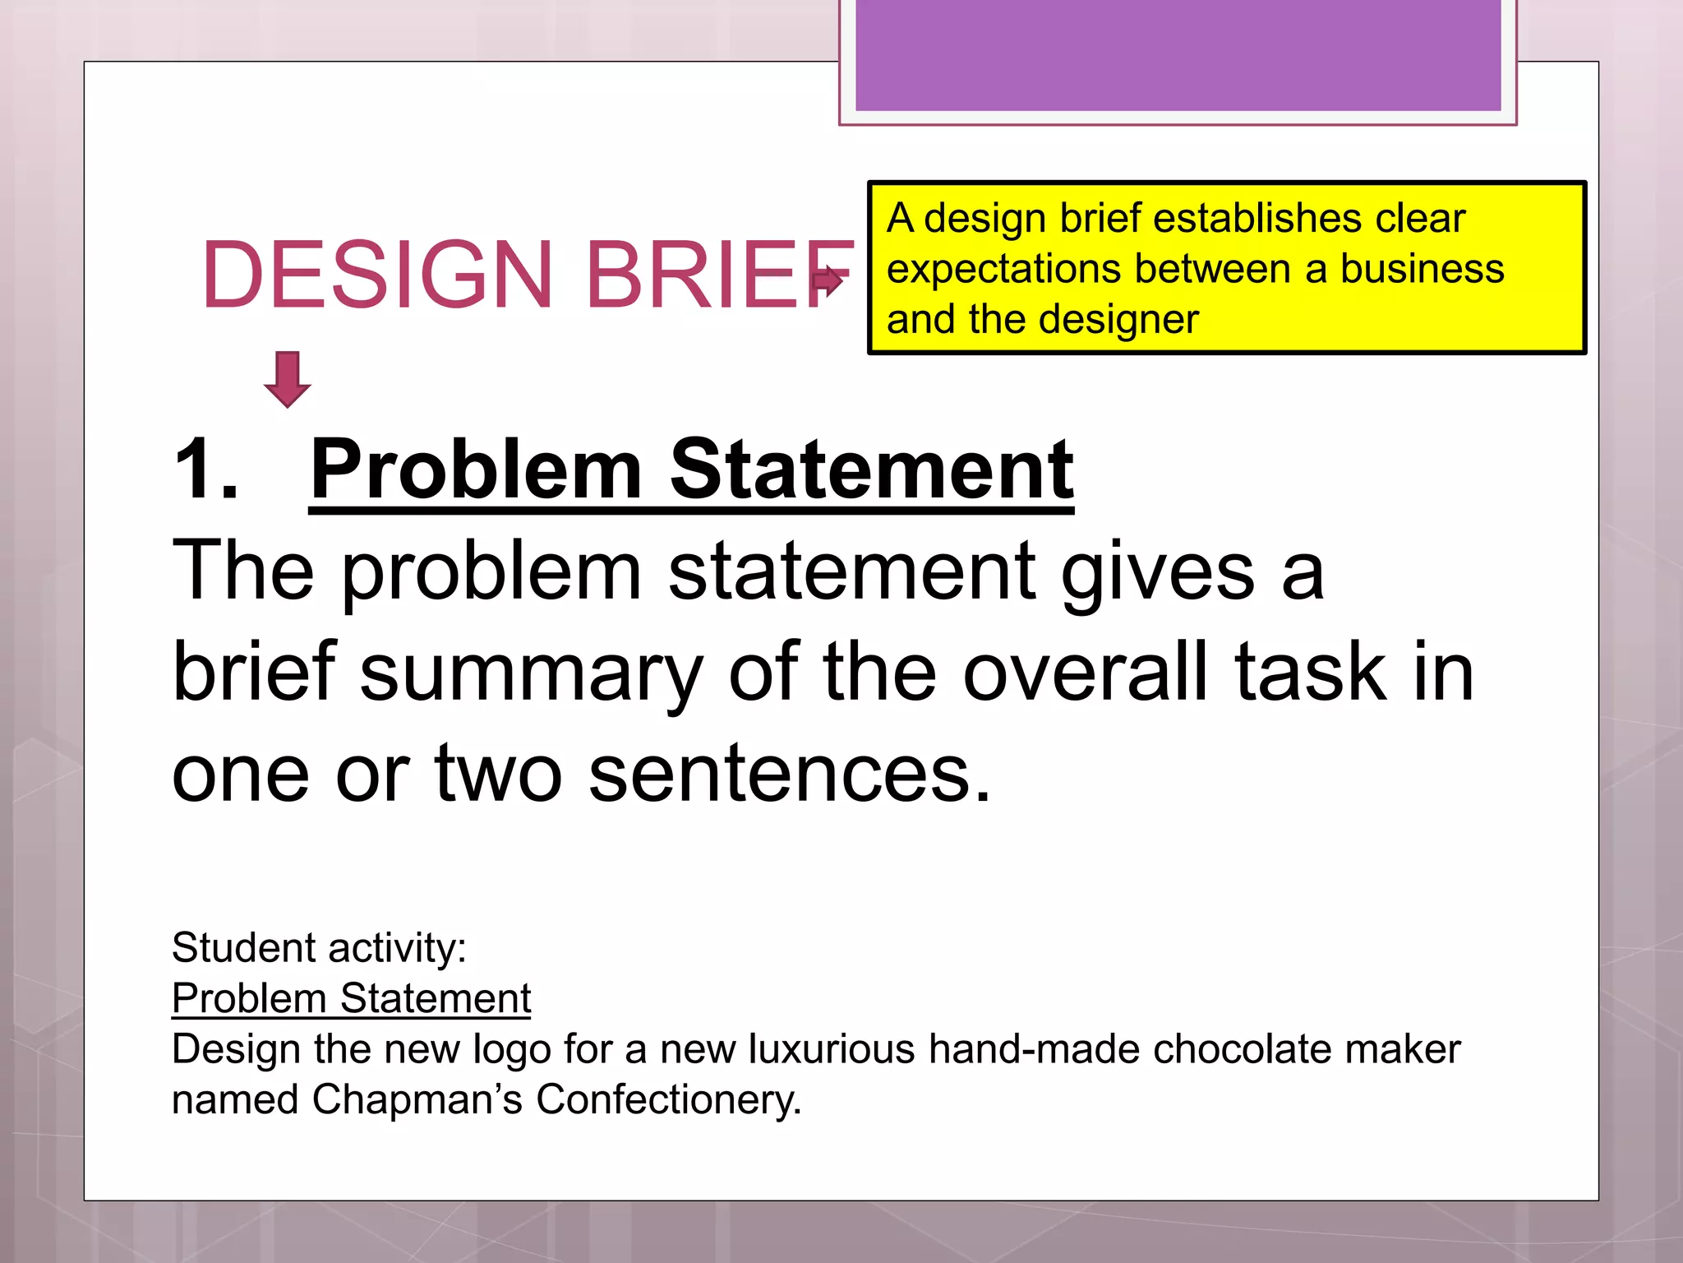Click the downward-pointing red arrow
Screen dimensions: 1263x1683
[287, 379]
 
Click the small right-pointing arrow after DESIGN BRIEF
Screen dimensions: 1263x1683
[828, 280]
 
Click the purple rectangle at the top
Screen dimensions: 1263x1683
[1178, 54]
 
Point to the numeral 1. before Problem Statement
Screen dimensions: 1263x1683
[207, 470]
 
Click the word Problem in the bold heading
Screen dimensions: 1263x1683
[476, 470]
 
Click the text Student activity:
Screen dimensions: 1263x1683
[319, 948]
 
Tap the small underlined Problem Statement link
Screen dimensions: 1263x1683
[351, 999]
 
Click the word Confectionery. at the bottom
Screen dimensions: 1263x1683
[668, 1100]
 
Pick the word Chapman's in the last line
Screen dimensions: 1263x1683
[417, 1100]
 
